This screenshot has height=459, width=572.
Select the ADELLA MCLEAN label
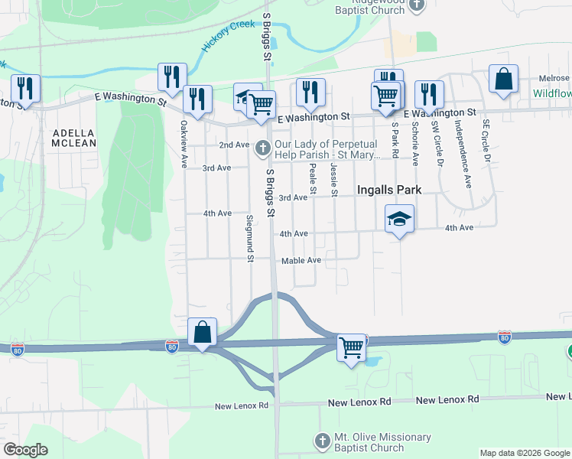tap(74, 138)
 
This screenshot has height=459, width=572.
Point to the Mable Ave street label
tap(301, 261)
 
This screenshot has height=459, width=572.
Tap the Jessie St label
tap(334, 177)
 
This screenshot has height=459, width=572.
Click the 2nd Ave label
tap(234, 145)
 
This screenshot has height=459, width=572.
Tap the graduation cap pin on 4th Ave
tap(398, 219)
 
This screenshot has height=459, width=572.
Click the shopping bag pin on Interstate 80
tap(202, 333)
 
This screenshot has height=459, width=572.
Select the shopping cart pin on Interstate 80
tap(351, 348)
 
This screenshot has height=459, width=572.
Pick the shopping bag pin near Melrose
tap(504, 79)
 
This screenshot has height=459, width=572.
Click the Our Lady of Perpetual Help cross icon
tap(263, 148)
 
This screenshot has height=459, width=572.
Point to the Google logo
tap(26, 450)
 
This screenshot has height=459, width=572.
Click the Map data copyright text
tap(525, 453)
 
